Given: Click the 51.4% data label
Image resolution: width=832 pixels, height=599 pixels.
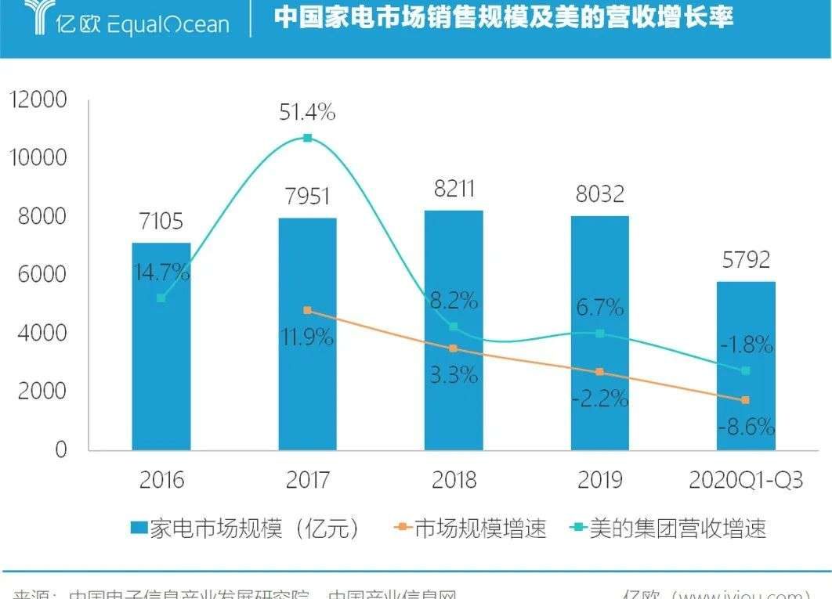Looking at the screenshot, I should point(307,113).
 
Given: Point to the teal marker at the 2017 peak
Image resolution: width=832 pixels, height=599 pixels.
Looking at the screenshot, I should point(308,139).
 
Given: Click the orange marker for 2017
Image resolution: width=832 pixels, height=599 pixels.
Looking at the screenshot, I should point(307,310).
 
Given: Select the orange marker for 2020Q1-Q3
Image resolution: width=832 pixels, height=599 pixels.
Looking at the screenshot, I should point(746,400).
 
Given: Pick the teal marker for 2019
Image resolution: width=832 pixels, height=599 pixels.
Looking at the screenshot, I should point(600,334).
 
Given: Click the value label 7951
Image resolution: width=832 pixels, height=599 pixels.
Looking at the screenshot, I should point(308,196).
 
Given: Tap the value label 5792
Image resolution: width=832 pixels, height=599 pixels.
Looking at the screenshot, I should point(746,259).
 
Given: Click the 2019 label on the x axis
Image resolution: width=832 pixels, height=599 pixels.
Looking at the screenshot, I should point(600,480).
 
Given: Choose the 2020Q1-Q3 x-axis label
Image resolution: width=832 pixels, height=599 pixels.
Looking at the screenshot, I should point(746,480).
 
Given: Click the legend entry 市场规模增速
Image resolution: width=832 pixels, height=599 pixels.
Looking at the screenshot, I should point(480,529).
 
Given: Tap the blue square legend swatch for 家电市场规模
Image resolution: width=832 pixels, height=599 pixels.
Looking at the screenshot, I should point(139,529).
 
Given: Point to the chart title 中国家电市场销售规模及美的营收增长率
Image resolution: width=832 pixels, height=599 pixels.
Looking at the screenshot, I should point(503,18).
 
